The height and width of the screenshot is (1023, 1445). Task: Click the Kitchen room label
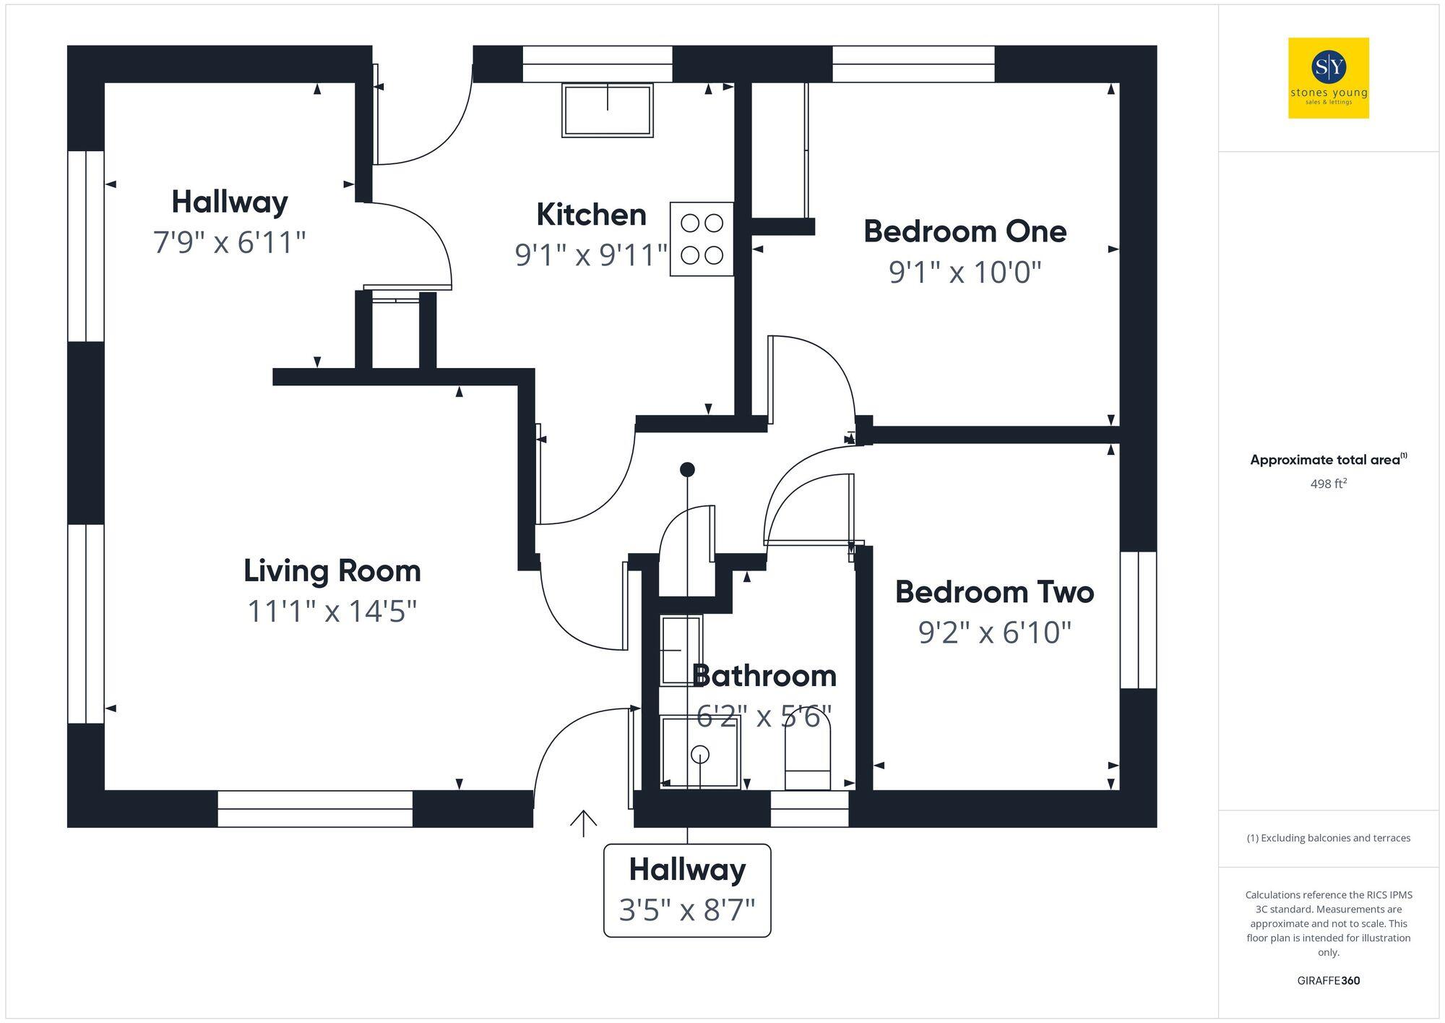(591, 215)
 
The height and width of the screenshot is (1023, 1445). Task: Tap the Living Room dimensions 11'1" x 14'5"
(332, 611)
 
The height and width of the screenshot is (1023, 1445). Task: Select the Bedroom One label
(965, 231)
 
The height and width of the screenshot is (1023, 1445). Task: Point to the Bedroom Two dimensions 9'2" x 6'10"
(994, 632)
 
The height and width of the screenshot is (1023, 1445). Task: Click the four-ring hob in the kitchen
(702, 239)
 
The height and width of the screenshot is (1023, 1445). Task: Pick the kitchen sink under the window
(608, 110)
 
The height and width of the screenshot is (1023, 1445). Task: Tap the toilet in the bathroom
(808, 756)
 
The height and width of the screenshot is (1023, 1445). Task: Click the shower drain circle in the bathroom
(699, 755)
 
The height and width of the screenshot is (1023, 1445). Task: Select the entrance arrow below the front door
(583, 823)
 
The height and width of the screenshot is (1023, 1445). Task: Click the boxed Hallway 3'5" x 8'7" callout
(687, 890)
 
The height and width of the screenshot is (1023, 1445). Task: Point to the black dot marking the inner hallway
(687, 470)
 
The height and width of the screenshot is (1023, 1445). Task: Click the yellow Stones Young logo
(1328, 78)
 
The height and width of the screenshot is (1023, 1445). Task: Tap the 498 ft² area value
(1328, 484)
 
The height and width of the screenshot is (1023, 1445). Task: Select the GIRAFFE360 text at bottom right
(1328, 980)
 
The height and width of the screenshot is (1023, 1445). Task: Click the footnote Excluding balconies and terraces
(1328, 838)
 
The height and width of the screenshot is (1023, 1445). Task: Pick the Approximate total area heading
(1328, 460)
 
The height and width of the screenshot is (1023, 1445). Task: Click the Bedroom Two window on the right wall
(1138, 620)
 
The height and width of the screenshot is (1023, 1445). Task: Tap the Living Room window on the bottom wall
(315, 808)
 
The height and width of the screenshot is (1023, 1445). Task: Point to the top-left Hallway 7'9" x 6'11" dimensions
(229, 242)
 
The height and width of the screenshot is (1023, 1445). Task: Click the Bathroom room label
(764, 676)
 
